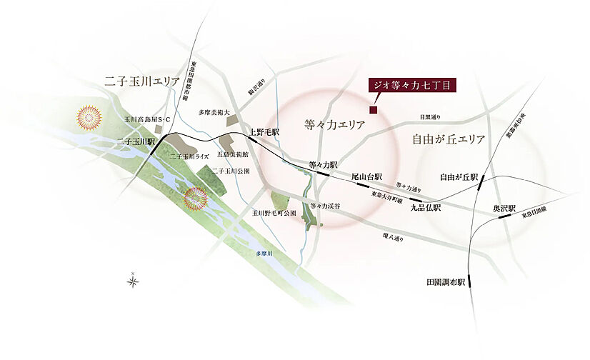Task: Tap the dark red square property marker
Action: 372,109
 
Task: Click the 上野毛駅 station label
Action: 264,132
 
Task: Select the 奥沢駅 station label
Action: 505,208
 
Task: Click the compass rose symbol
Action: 134,281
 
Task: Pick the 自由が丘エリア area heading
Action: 449,139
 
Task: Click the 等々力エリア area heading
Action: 334,124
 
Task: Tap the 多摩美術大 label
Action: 214,112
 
